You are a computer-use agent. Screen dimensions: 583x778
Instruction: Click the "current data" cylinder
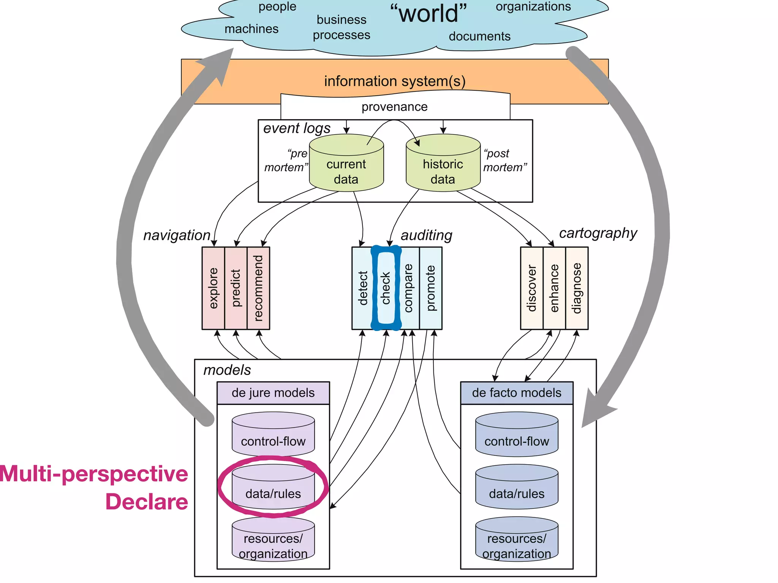(346, 167)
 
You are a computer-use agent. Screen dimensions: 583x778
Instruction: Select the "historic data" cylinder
(443, 167)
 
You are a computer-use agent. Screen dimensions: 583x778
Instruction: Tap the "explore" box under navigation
(213, 288)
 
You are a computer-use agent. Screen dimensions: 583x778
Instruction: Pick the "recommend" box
(258, 288)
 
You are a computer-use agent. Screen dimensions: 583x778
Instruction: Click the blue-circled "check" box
(386, 288)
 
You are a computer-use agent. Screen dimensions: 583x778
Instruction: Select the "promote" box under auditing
(431, 288)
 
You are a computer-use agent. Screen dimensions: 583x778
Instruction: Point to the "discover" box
(532, 288)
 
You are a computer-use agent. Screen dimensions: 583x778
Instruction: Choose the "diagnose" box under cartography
(577, 288)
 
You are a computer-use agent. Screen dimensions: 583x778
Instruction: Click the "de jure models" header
(273, 393)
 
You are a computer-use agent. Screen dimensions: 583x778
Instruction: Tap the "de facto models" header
(517, 393)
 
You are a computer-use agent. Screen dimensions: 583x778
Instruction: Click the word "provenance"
(394, 107)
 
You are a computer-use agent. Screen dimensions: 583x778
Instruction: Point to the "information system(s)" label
(395, 81)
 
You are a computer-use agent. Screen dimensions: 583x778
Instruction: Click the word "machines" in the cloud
(251, 29)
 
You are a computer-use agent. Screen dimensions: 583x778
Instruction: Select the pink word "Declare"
(147, 502)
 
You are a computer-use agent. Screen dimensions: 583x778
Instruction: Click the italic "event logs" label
(297, 129)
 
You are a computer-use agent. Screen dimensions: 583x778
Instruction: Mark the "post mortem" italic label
(505, 161)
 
